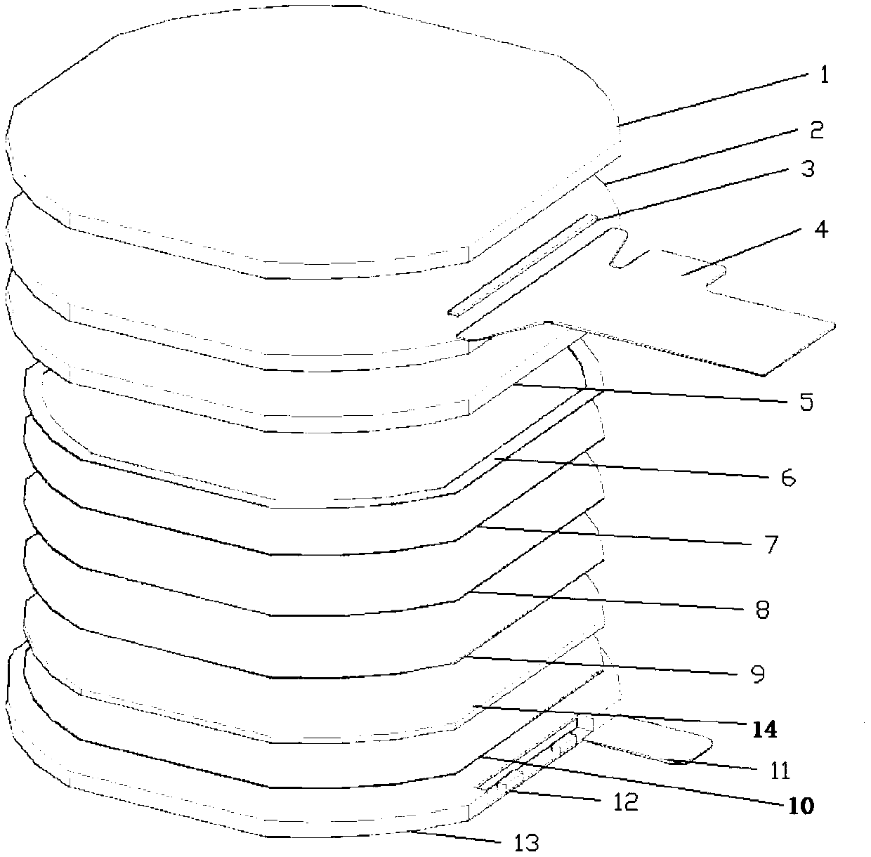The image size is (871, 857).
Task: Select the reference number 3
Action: point(808,169)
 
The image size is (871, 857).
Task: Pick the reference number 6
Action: point(787,478)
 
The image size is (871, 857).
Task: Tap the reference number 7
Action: point(771,544)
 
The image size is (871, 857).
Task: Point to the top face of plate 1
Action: point(309,126)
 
